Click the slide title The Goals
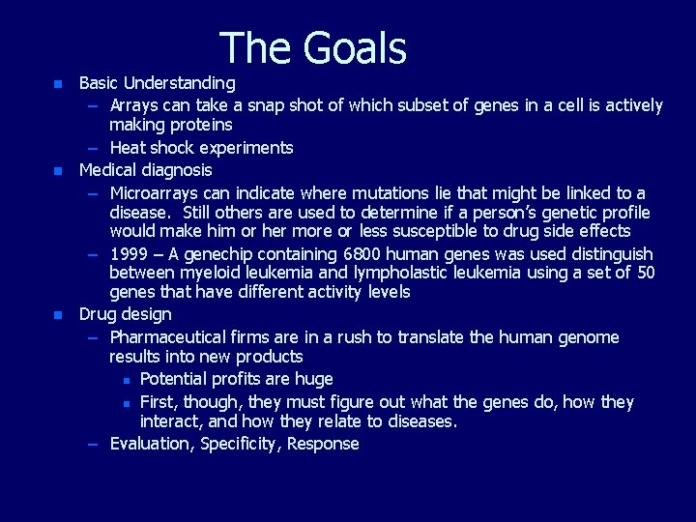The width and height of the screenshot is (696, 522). click(313, 48)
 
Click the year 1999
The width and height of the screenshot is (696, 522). click(129, 254)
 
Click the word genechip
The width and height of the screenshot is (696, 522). click(217, 254)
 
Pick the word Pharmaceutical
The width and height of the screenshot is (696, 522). click(169, 337)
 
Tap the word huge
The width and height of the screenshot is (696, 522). click(312, 379)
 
